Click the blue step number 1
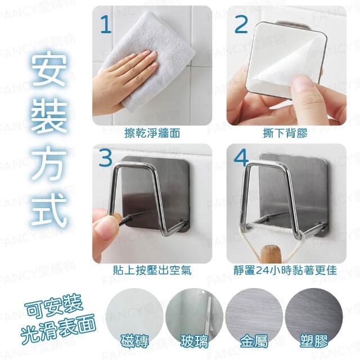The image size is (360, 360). [x=106, y=25]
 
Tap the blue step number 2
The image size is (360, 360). [x=241, y=24]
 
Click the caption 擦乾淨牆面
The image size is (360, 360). [x=152, y=133]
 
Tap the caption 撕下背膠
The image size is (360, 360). [x=285, y=133]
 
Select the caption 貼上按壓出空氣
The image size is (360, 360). [x=152, y=270]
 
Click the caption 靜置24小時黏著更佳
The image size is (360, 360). [x=285, y=270]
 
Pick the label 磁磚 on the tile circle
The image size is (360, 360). [x=134, y=341]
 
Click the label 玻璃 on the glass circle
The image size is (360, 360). [x=194, y=341]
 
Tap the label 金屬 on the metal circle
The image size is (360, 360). [x=254, y=341]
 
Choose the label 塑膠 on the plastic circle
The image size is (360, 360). [x=314, y=341]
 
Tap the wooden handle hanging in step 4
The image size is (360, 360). [x=272, y=254]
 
